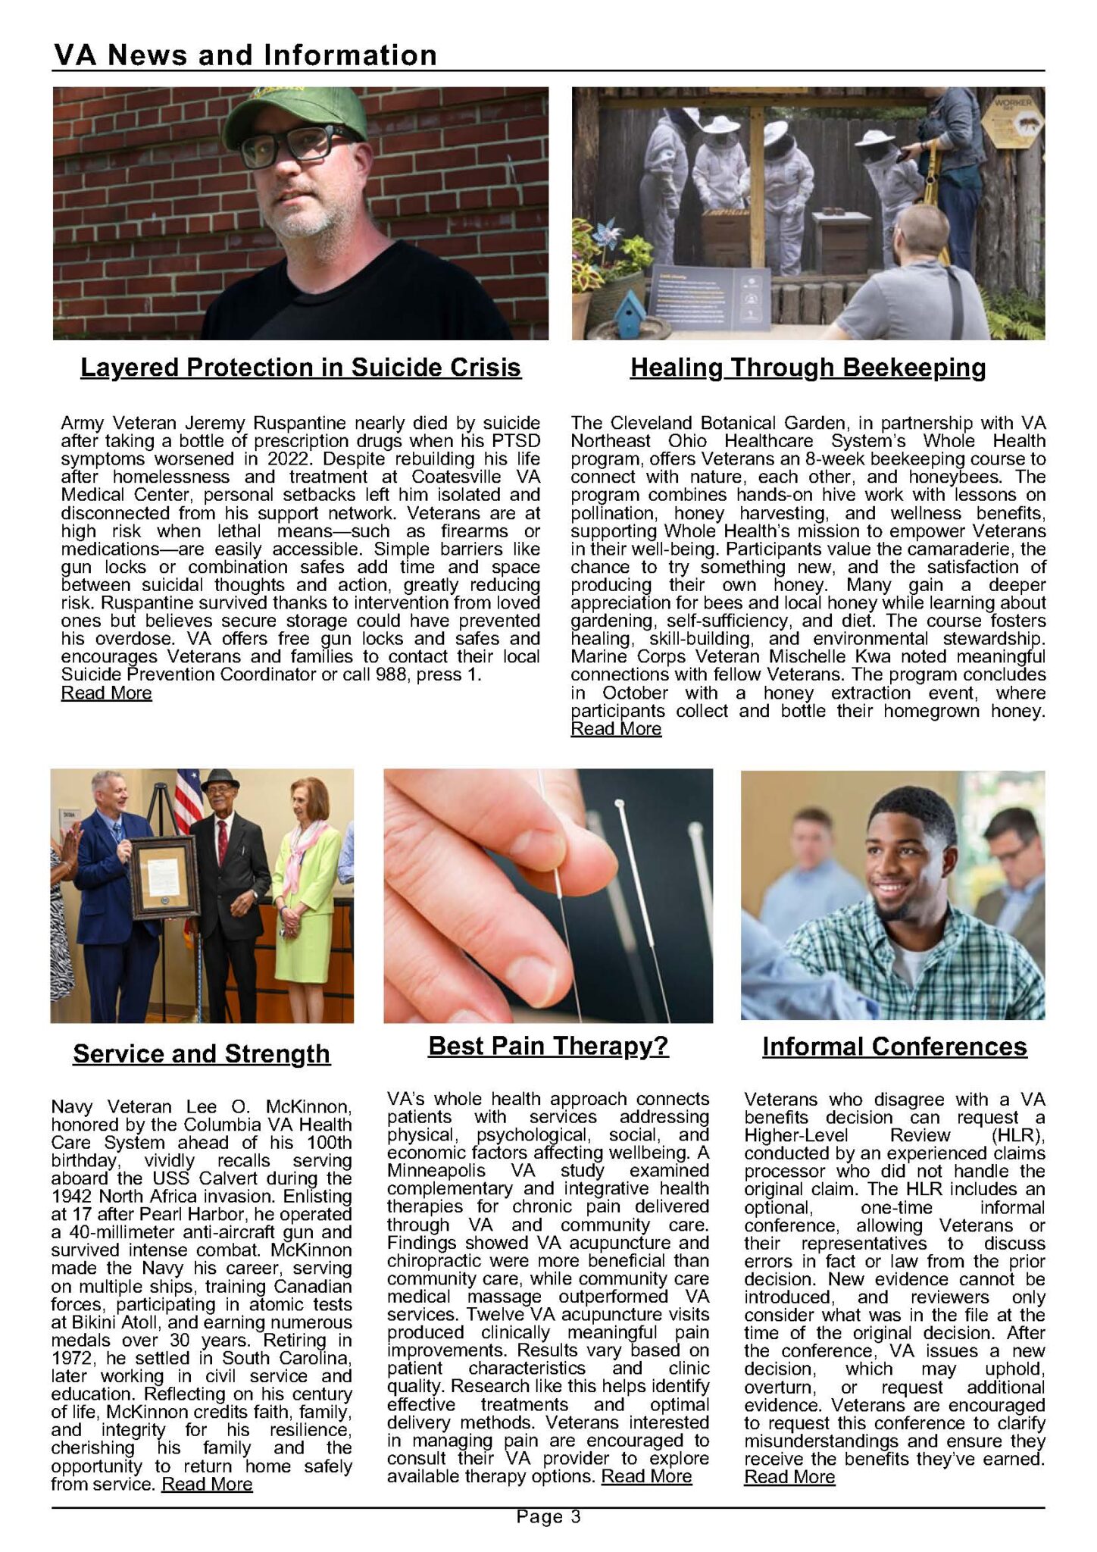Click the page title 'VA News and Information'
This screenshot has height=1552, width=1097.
pyautogui.click(x=245, y=55)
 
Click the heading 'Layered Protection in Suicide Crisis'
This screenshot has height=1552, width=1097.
pyautogui.click(x=301, y=368)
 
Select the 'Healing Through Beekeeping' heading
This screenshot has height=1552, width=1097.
pyautogui.click(x=808, y=368)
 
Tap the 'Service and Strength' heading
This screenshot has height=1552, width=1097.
pyautogui.click(x=202, y=1053)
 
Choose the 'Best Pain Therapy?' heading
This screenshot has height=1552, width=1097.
pyautogui.click(x=548, y=1046)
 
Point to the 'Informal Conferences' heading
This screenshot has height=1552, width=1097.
pyautogui.click(x=894, y=1047)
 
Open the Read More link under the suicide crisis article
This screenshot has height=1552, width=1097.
pyautogui.click(x=106, y=693)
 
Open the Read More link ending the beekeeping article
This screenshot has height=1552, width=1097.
pyautogui.click(x=616, y=729)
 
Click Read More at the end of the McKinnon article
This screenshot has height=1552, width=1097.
pyautogui.click(x=207, y=1484)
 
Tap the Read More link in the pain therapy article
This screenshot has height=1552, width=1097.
pyautogui.click(x=646, y=1476)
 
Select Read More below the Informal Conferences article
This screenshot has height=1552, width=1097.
pyautogui.click(x=789, y=1477)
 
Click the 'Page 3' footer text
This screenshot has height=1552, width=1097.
pyautogui.click(x=548, y=1516)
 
